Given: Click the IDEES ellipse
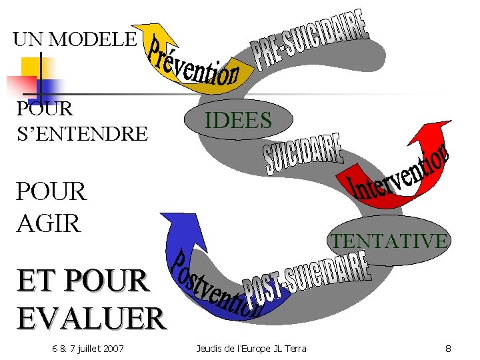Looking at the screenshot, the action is [238, 120].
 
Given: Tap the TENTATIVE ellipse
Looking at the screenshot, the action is [389, 239].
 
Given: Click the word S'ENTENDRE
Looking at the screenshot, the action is [81, 133].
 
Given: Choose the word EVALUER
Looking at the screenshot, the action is [91, 317].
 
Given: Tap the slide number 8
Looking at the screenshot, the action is [449, 348].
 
